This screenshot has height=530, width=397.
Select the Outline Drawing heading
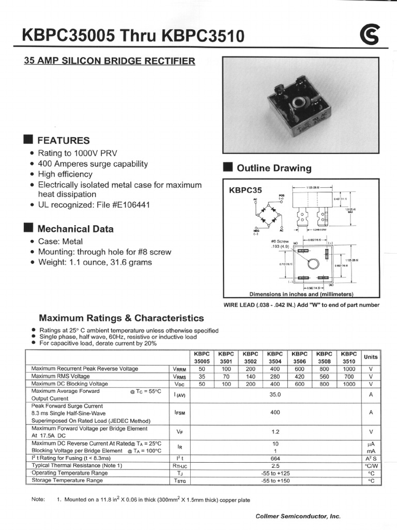tap(274, 168)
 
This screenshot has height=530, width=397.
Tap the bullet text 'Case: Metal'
tap(60, 241)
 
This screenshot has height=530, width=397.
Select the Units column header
tap(371, 357)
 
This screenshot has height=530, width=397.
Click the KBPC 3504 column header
tap(275, 357)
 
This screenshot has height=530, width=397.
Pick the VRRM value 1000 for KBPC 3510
tap(349, 369)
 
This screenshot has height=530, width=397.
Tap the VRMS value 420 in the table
tap(300, 376)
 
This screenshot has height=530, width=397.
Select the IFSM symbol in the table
tap(179, 413)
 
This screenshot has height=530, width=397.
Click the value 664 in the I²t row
tap(275, 458)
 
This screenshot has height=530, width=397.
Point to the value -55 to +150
tap(275, 481)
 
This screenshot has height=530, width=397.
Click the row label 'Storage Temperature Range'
tap(67, 481)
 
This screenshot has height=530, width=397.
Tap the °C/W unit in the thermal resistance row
tap(371, 466)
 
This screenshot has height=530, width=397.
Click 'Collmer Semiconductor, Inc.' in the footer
tap(298, 516)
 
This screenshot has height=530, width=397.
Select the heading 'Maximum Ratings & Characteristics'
tap(121, 318)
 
